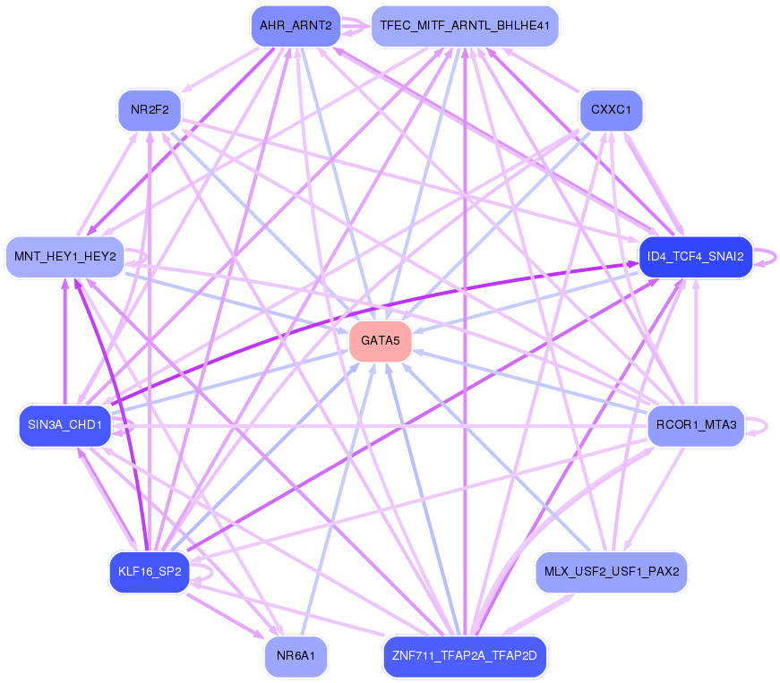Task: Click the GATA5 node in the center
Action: [x=381, y=341]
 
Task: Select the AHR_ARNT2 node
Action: [x=296, y=26]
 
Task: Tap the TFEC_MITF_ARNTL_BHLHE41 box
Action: [x=465, y=26]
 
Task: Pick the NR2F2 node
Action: [x=150, y=110]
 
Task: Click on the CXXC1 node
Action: [x=612, y=110]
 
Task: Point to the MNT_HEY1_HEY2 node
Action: [x=64, y=257]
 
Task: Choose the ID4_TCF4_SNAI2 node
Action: [x=696, y=257]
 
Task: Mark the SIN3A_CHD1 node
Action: [x=64, y=425]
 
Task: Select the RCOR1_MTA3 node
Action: [x=696, y=425]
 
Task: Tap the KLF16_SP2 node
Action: [x=150, y=572]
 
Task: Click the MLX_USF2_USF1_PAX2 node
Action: [x=612, y=572]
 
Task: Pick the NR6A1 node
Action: [x=296, y=656]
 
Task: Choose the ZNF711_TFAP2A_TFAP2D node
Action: [x=465, y=656]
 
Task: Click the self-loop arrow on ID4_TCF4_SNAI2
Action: [x=766, y=257]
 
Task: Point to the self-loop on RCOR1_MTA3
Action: [x=757, y=425]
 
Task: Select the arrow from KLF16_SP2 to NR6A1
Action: [x=226, y=616]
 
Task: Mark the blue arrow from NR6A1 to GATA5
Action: [x=339, y=499]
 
